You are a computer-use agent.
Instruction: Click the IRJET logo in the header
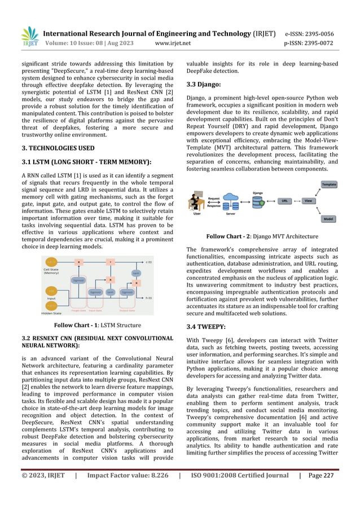tap(29, 37)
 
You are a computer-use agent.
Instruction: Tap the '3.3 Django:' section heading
tap(205, 84)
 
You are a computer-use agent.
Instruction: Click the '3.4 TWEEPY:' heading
tap(206, 326)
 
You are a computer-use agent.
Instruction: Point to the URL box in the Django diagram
tap(285, 200)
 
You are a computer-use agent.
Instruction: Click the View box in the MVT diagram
tap(309, 200)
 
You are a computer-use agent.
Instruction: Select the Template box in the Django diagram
tap(328, 185)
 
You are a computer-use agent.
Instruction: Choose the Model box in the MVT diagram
tap(328, 219)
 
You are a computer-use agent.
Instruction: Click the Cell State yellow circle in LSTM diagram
tap(52, 262)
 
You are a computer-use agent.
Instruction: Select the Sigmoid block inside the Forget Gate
tap(79, 280)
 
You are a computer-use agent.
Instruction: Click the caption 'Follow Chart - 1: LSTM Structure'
tap(97, 325)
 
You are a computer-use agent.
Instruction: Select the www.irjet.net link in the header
tap(172, 42)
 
